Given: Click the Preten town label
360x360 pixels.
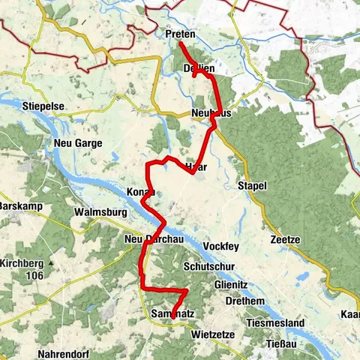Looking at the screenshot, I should click(x=180, y=34).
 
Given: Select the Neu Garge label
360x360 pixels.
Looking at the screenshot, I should click(x=77, y=142).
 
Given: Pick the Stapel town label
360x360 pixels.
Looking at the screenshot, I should click(x=251, y=185).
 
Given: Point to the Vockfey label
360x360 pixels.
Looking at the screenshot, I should click(x=223, y=245).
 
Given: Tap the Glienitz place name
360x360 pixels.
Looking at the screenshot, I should click(x=228, y=285).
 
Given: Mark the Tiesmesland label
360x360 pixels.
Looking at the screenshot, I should click(x=277, y=323).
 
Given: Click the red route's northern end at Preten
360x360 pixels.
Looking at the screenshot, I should click(x=181, y=44).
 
